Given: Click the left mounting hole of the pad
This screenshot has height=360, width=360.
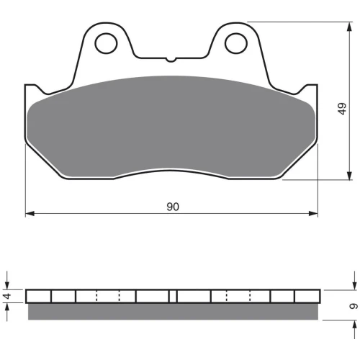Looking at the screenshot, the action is tap(106, 43).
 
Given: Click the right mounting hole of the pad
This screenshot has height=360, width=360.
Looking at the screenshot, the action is tap(236, 43).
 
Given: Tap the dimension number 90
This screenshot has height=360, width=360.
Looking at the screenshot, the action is tap(173, 207).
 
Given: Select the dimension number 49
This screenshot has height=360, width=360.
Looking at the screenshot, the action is tap(343, 109).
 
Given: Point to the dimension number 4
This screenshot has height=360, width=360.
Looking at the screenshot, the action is tap(8, 296).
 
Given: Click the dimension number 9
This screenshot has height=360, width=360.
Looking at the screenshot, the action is tap(354, 306).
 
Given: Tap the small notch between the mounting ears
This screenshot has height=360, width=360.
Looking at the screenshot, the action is tap(171, 59).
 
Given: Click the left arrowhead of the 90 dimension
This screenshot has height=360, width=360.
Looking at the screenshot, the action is tap(30, 213).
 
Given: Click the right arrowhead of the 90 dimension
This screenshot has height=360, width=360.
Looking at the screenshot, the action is tap(313, 213).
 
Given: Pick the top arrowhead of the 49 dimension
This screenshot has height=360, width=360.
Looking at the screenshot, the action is tap(350, 27).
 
